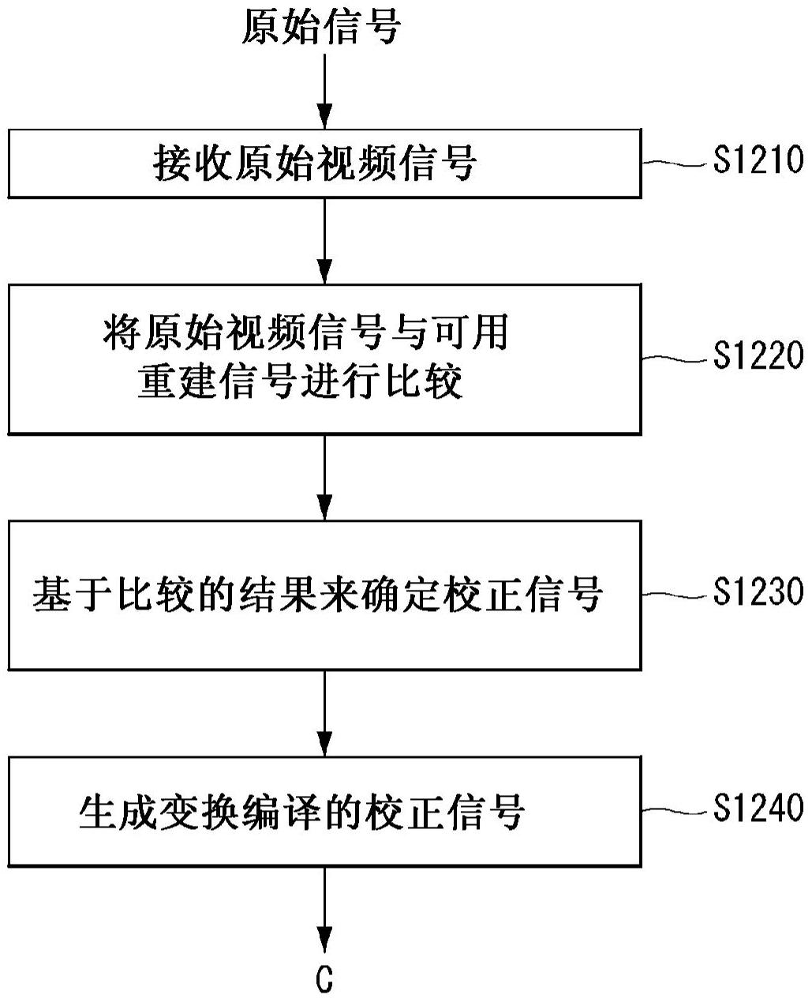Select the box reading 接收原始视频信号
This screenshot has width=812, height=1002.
(x=324, y=163)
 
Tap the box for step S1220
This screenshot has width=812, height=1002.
(x=324, y=358)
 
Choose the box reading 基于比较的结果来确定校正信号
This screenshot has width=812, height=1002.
(x=324, y=594)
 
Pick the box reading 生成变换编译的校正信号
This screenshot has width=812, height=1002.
(x=324, y=811)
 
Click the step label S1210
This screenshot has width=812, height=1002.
(x=758, y=161)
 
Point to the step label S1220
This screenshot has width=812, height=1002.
(x=758, y=355)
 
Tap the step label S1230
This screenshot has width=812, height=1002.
(x=758, y=591)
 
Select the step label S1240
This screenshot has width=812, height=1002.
(x=758, y=808)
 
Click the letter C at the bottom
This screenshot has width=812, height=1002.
(x=324, y=980)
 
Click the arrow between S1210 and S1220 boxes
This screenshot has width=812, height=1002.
(x=324, y=240)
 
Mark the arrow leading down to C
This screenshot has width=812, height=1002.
(x=324, y=908)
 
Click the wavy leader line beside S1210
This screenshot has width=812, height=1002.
(x=675, y=163)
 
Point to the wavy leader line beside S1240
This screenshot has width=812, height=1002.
(x=675, y=810)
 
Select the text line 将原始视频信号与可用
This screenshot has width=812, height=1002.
(x=305, y=332)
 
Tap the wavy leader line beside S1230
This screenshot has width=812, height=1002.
(x=675, y=593)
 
